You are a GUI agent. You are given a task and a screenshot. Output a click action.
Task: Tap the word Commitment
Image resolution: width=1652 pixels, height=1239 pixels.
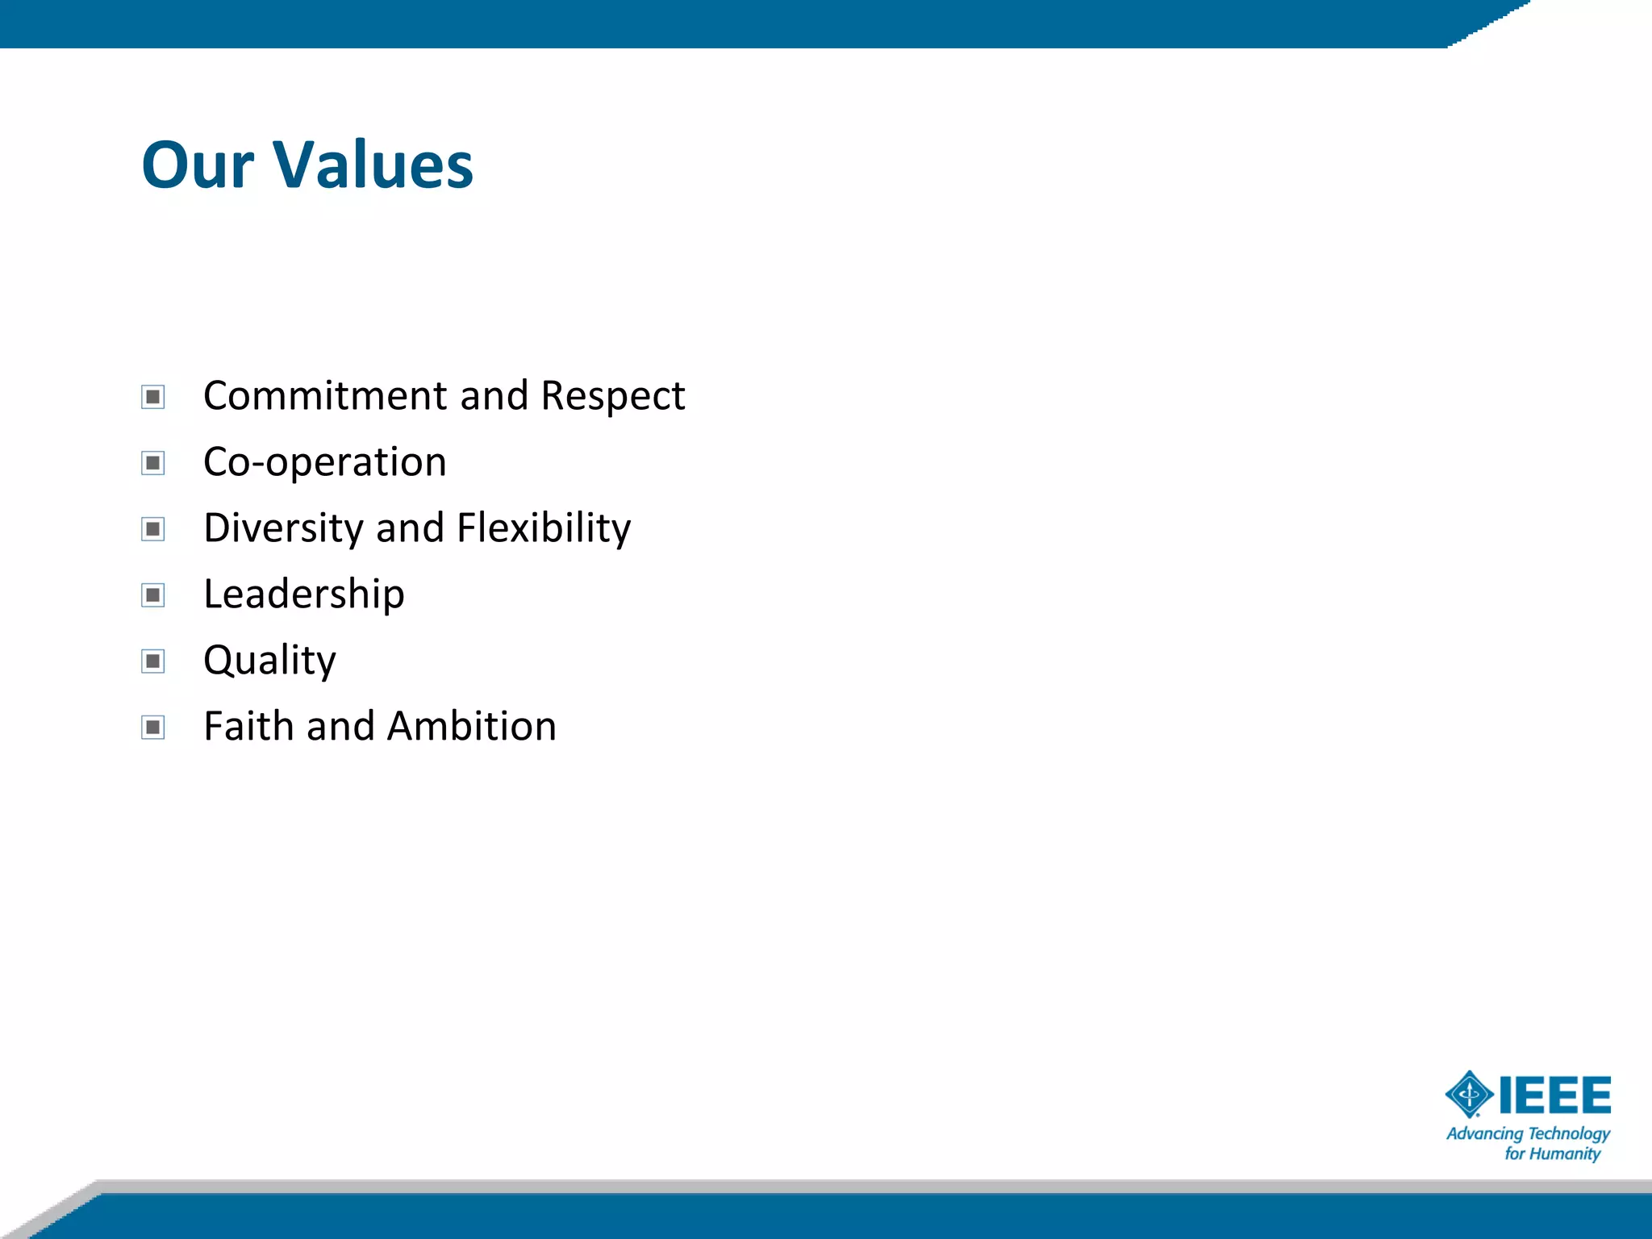pos(325,395)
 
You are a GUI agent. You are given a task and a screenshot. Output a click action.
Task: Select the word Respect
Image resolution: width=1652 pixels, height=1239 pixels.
pos(612,395)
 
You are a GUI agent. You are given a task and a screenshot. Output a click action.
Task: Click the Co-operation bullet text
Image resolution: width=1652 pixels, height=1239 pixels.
pos(324,462)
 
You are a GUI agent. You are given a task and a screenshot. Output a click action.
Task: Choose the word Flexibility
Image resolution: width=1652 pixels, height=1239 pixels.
pos(544,528)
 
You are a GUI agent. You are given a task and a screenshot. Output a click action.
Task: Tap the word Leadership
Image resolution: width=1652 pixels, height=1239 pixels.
pos(303,594)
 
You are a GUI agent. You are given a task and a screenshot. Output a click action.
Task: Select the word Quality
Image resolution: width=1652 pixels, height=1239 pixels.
pos(269,661)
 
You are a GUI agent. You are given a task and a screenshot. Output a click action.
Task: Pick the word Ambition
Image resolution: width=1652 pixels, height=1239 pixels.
pos(472,726)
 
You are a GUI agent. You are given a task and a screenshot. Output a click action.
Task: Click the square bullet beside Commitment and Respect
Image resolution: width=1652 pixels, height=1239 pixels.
pos(152,397)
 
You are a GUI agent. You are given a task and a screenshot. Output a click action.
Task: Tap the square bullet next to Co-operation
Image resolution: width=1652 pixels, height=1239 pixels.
pos(152,463)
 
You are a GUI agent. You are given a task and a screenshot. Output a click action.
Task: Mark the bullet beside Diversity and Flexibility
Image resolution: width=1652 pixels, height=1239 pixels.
pos(152,529)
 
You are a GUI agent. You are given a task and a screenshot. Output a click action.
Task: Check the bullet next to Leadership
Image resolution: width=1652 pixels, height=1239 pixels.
pos(152,595)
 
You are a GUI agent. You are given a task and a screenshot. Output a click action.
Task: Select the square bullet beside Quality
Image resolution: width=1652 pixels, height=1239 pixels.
pos(152,661)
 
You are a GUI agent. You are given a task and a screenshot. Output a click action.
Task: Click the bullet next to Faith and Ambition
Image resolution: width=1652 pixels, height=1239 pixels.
pos(152,728)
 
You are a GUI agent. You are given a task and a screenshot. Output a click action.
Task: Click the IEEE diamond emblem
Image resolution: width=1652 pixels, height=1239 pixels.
pos(1469,1095)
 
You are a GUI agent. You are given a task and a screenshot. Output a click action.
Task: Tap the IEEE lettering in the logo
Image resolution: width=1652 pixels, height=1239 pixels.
pos(1554,1095)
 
